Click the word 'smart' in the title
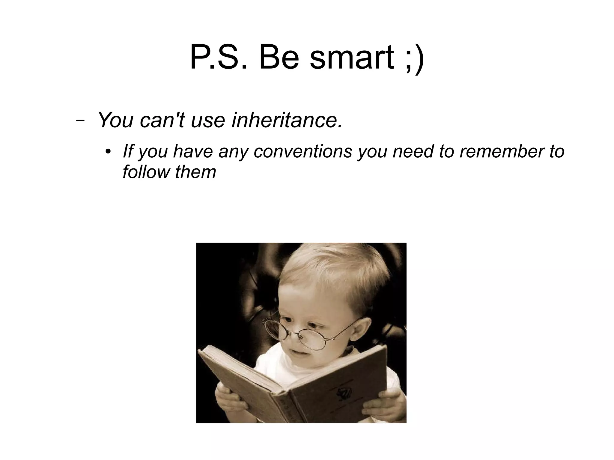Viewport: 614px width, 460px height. pos(351,58)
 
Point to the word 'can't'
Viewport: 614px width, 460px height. pos(162,120)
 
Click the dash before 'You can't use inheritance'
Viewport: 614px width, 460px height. pos(80,121)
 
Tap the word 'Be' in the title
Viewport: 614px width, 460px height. pos(279,58)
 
